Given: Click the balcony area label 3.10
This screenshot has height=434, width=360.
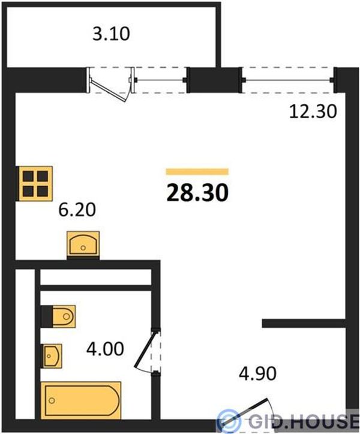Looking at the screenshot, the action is coord(111,34).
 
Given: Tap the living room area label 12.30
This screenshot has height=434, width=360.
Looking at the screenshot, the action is coord(313,112).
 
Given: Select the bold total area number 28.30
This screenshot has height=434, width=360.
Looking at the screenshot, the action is coord(197,193).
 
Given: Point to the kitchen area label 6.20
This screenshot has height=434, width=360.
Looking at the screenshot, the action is coord(77,209).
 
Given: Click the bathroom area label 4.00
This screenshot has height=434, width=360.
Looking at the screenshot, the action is coord(105,349).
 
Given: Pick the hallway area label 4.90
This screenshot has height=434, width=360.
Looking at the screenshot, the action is coord(257,373).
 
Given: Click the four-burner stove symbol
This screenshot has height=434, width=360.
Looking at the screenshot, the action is coord(35,184).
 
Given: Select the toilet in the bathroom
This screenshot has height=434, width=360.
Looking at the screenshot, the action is coord(58,316).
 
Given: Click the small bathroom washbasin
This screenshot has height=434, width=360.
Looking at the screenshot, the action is coord(52,356).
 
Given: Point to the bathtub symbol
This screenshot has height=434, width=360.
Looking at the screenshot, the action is coord(81,399).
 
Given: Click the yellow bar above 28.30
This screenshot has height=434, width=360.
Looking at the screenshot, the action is coord(197,172).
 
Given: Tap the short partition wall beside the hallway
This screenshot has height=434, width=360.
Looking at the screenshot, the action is coord(304,324).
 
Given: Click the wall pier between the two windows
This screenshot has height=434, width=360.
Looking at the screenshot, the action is coord(214,80).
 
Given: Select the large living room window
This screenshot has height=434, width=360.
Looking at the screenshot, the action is coord(289,80).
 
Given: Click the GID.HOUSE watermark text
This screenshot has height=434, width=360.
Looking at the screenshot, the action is coord(304,421).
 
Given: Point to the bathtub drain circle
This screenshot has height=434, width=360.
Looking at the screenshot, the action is coord(52,400).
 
